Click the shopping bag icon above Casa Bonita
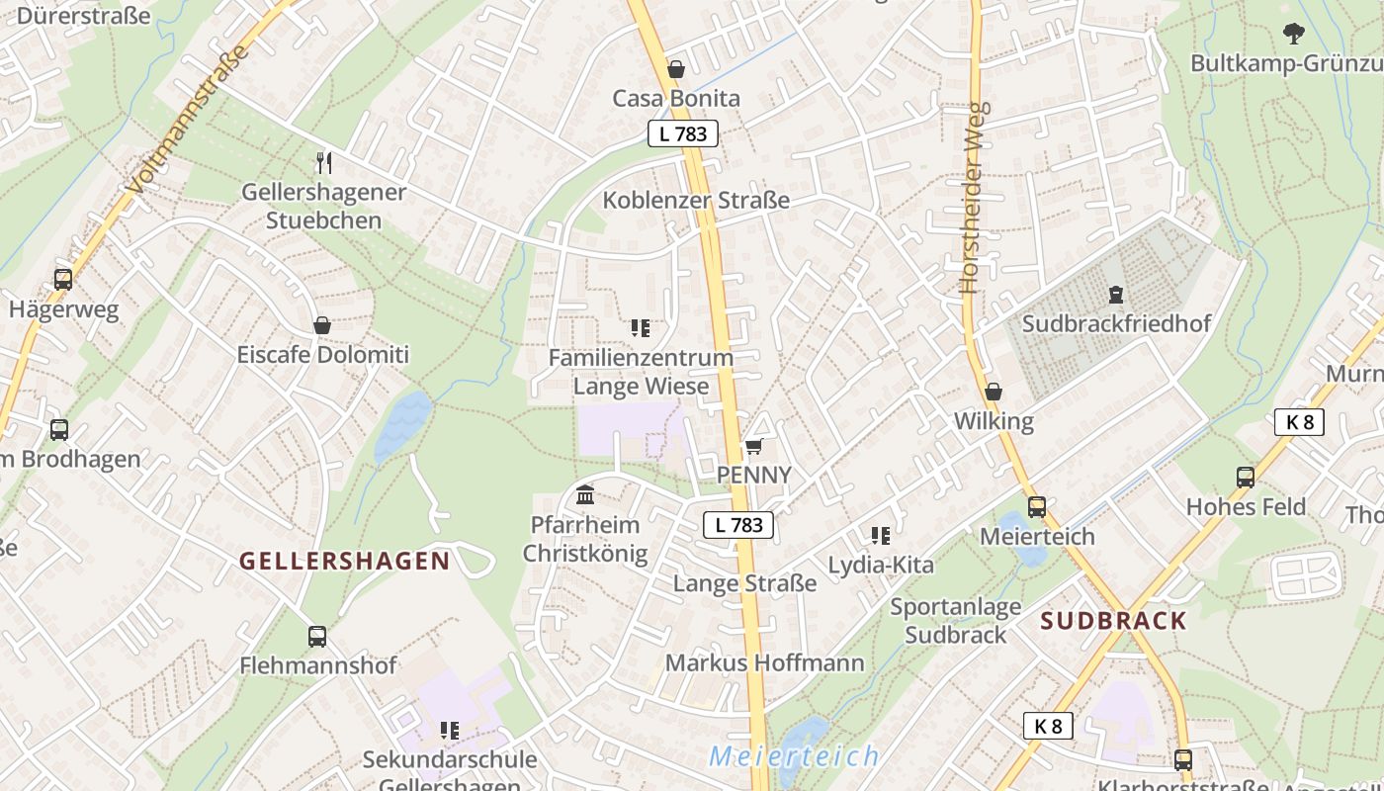click(676, 69)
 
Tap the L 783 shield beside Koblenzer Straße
click(682, 133)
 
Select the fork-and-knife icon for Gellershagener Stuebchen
click(323, 162)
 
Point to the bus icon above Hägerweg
click(63, 280)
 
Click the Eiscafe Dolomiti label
click(322, 354)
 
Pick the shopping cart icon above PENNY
click(753, 446)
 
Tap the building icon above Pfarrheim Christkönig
click(584, 494)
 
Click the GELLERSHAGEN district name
click(345, 561)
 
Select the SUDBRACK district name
click(1113, 621)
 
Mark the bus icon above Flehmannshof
click(317, 637)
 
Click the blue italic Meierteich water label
click(794, 756)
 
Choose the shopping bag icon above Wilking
click(994, 392)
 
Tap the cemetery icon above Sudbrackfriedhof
click(1116, 294)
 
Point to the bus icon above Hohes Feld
click(1246, 478)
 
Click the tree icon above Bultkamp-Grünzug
click(1293, 34)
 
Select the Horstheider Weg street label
click(973, 198)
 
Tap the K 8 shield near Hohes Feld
click(1298, 422)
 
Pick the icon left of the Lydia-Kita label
click(881, 536)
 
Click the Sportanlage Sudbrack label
click(955, 620)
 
